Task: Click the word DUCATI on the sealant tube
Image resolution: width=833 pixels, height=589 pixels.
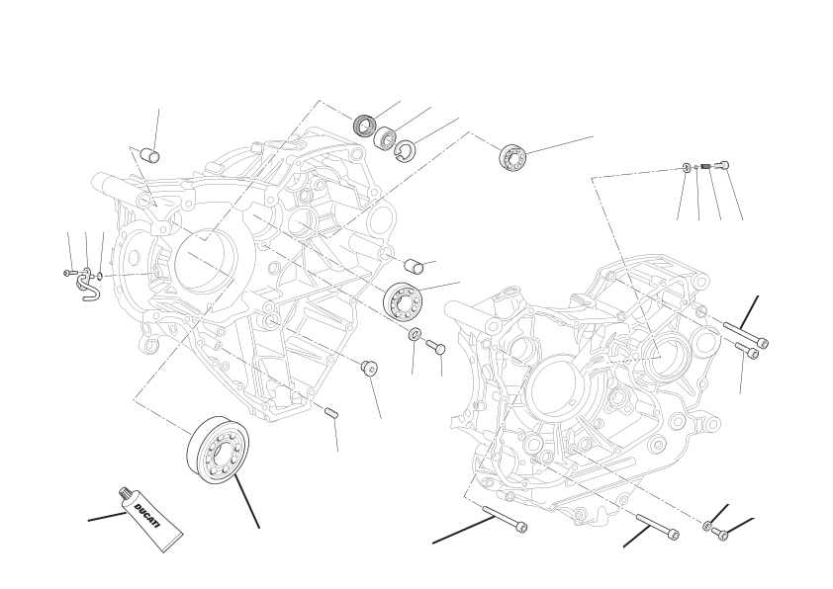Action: click(x=146, y=516)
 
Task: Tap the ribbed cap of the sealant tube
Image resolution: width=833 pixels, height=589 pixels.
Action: click(x=125, y=493)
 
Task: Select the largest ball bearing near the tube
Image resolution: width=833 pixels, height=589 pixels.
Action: click(x=219, y=450)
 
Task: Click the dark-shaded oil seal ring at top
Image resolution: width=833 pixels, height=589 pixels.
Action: click(x=365, y=125)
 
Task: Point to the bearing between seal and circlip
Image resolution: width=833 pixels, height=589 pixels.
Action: click(x=385, y=137)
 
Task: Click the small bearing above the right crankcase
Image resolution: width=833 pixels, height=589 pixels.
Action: click(x=512, y=156)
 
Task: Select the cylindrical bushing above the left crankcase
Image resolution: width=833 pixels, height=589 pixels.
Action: click(x=150, y=156)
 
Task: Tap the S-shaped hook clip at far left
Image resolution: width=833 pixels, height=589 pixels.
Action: click(x=88, y=285)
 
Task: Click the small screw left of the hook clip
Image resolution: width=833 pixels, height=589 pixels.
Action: click(x=67, y=273)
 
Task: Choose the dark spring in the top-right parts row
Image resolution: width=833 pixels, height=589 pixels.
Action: click(x=706, y=167)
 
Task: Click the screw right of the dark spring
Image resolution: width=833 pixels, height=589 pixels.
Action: click(x=722, y=165)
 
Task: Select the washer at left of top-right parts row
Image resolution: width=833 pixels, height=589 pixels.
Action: click(x=687, y=168)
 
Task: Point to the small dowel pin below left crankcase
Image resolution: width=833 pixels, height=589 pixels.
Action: click(x=331, y=412)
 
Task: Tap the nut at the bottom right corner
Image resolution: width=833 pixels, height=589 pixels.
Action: click(x=707, y=526)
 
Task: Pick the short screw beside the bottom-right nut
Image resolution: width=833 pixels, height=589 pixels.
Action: click(x=719, y=533)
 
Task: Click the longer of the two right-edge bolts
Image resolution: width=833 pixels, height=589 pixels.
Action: click(x=746, y=334)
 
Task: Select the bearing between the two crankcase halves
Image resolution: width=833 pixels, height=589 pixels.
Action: click(x=403, y=300)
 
